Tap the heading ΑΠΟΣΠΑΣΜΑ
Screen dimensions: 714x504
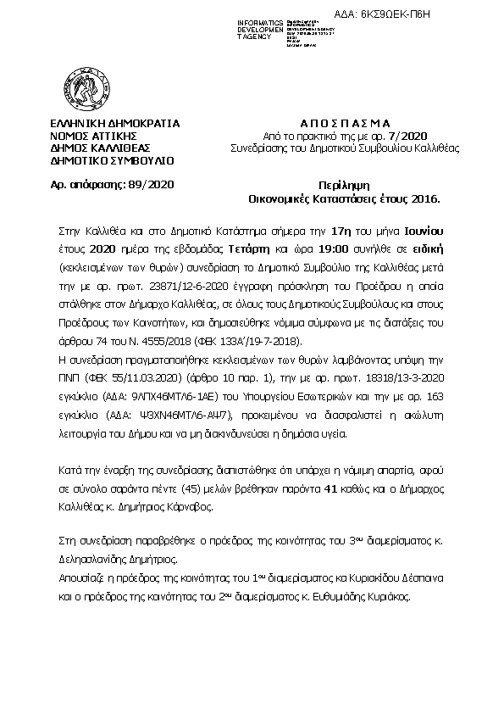pos(331,123)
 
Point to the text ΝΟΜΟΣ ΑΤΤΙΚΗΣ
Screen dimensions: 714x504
pos(93,135)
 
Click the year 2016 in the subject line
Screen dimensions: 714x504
pos(424,199)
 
